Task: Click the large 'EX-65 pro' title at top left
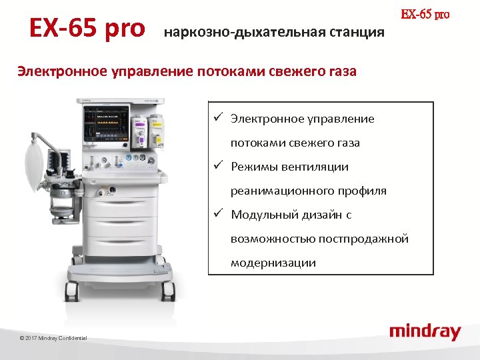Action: (87, 28)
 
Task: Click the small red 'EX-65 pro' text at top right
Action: (425, 14)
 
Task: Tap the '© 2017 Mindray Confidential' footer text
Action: (53, 339)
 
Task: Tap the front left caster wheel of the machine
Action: (71, 291)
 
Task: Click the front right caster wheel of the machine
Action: (168, 291)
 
